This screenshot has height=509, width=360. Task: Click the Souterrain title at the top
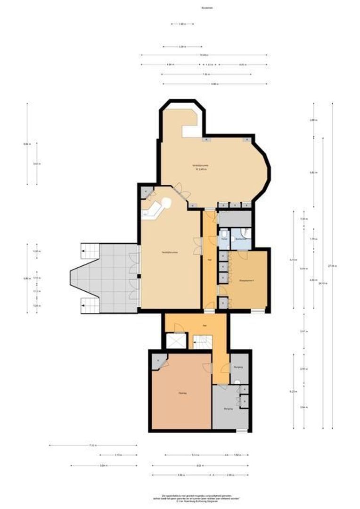180,8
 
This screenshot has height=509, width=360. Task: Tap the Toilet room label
224,239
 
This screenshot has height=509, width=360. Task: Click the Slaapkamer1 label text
248,281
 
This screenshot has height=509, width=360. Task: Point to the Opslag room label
182,393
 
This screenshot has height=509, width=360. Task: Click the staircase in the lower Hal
203,342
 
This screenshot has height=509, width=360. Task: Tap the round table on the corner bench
165,203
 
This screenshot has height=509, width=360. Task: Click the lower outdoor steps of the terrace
90,306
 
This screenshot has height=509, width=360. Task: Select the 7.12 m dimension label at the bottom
93,445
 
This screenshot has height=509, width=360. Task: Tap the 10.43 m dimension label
204,56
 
